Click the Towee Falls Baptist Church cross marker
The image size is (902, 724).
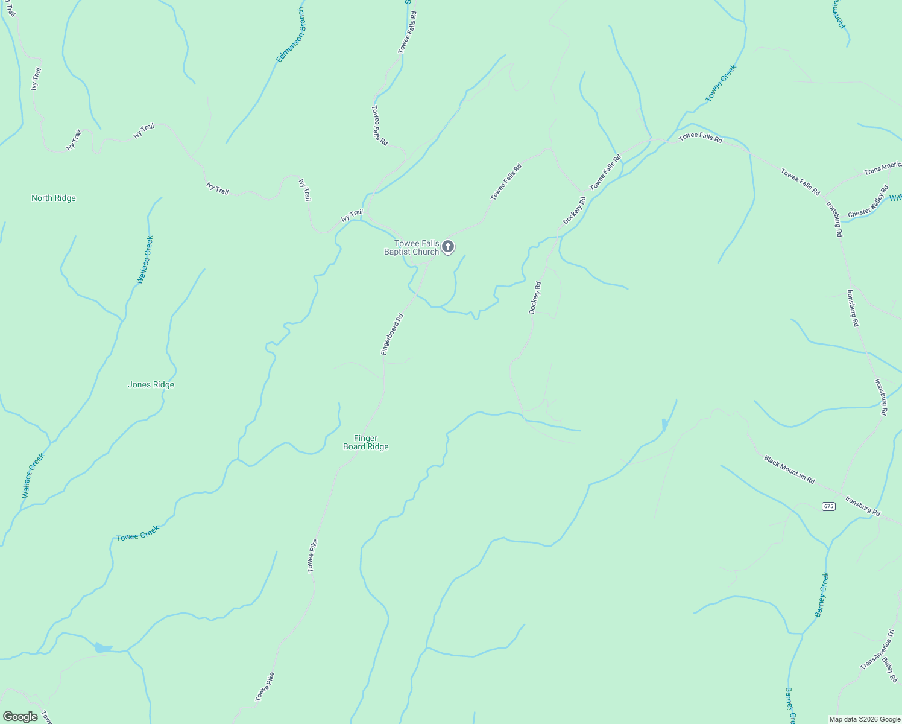(447, 246)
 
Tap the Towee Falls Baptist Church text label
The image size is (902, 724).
(412, 247)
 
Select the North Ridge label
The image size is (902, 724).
(54, 198)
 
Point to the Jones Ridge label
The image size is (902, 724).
(151, 384)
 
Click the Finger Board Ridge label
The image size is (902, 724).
(366, 442)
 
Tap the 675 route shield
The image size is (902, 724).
(828, 506)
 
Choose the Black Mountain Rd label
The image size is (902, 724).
(789, 469)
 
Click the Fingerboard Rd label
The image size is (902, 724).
(392, 334)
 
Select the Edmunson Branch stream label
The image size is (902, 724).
(291, 35)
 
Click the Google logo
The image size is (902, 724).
(20, 717)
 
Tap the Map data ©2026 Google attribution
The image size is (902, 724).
(865, 719)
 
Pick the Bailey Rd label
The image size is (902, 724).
(889, 670)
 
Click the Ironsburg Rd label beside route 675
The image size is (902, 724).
(862, 506)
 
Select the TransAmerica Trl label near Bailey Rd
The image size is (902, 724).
(877, 649)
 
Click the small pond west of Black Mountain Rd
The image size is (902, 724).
(664, 425)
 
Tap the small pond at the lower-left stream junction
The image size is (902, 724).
(103, 648)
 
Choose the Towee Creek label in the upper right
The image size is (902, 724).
(721, 83)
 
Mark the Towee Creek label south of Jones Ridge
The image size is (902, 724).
(137, 533)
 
